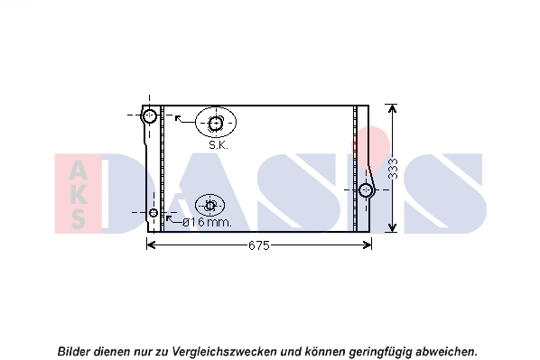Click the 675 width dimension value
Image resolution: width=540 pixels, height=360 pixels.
point(258,245)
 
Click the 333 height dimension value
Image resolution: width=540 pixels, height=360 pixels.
point(393,169)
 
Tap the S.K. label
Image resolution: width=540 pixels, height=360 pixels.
point(219,145)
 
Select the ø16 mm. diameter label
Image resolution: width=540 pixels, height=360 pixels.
point(208,223)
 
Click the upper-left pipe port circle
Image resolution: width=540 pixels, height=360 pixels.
point(150,115)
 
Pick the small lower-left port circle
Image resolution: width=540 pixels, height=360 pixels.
point(154,213)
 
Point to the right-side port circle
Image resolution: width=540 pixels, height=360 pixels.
point(366,190)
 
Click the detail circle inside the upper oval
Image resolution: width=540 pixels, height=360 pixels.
point(216,124)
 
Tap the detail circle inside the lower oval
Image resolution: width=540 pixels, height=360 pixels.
point(210,206)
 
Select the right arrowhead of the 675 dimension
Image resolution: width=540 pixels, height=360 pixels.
point(368,245)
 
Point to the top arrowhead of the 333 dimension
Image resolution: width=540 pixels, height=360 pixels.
point(392,109)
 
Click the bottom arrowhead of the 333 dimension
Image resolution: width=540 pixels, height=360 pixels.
point(392,227)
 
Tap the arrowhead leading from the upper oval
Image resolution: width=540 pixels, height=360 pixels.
point(178,118)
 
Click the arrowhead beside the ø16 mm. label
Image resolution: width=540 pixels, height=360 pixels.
point(169,218)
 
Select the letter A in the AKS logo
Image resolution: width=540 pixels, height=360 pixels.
point(78,171)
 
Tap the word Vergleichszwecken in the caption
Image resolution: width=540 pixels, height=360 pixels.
point(224,352)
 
